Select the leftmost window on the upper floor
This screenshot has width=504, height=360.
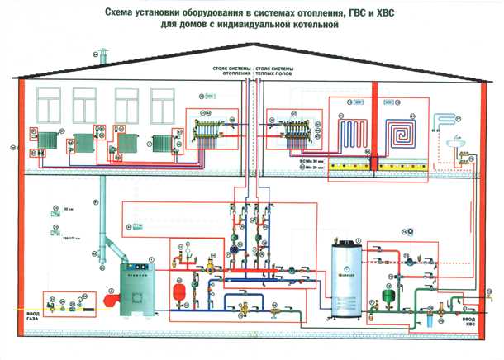pos(46,106)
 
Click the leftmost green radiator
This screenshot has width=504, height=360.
pos(47,143)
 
